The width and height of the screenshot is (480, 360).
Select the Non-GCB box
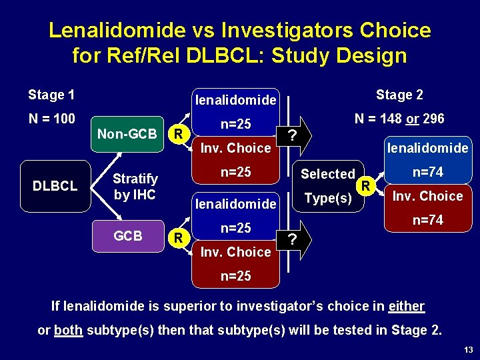(x=127, y=134)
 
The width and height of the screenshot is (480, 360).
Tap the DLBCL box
(x=55, y=186)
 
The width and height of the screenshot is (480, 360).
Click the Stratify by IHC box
(x=135, y=187)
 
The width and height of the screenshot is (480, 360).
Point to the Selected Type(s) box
(x=328, y=185)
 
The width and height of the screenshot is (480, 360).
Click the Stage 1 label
(x=51, y=95)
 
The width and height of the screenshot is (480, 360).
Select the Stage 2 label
(x=399, y=95)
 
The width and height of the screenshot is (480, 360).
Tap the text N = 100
(x=51, y=119)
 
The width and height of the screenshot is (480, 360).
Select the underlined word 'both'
(x=69, y=330)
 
